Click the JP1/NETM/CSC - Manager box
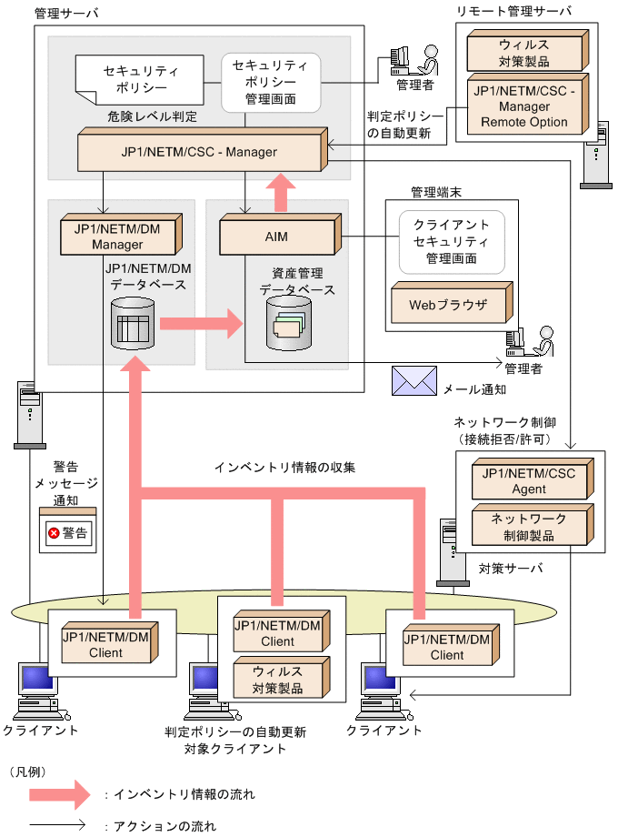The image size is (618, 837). coord(200,151)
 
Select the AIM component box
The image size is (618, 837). coord(276,237)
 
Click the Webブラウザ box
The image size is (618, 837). coord(447,305)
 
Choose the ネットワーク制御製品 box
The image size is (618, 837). coord(529,527)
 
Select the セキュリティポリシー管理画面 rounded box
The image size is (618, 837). coord(271,82)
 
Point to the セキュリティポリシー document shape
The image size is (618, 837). coord(135,80)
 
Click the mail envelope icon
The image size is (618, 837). coord(414,381)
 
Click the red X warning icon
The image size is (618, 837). coord(53,533)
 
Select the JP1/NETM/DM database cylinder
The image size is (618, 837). coord(132,324)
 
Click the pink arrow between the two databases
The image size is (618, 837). coord(201,323)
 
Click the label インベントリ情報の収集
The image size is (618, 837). coord(284,468)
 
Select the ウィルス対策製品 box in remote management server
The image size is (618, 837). coord(523,53)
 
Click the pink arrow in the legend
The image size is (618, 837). coord(59,794)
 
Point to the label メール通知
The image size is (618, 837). coord(474,388)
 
